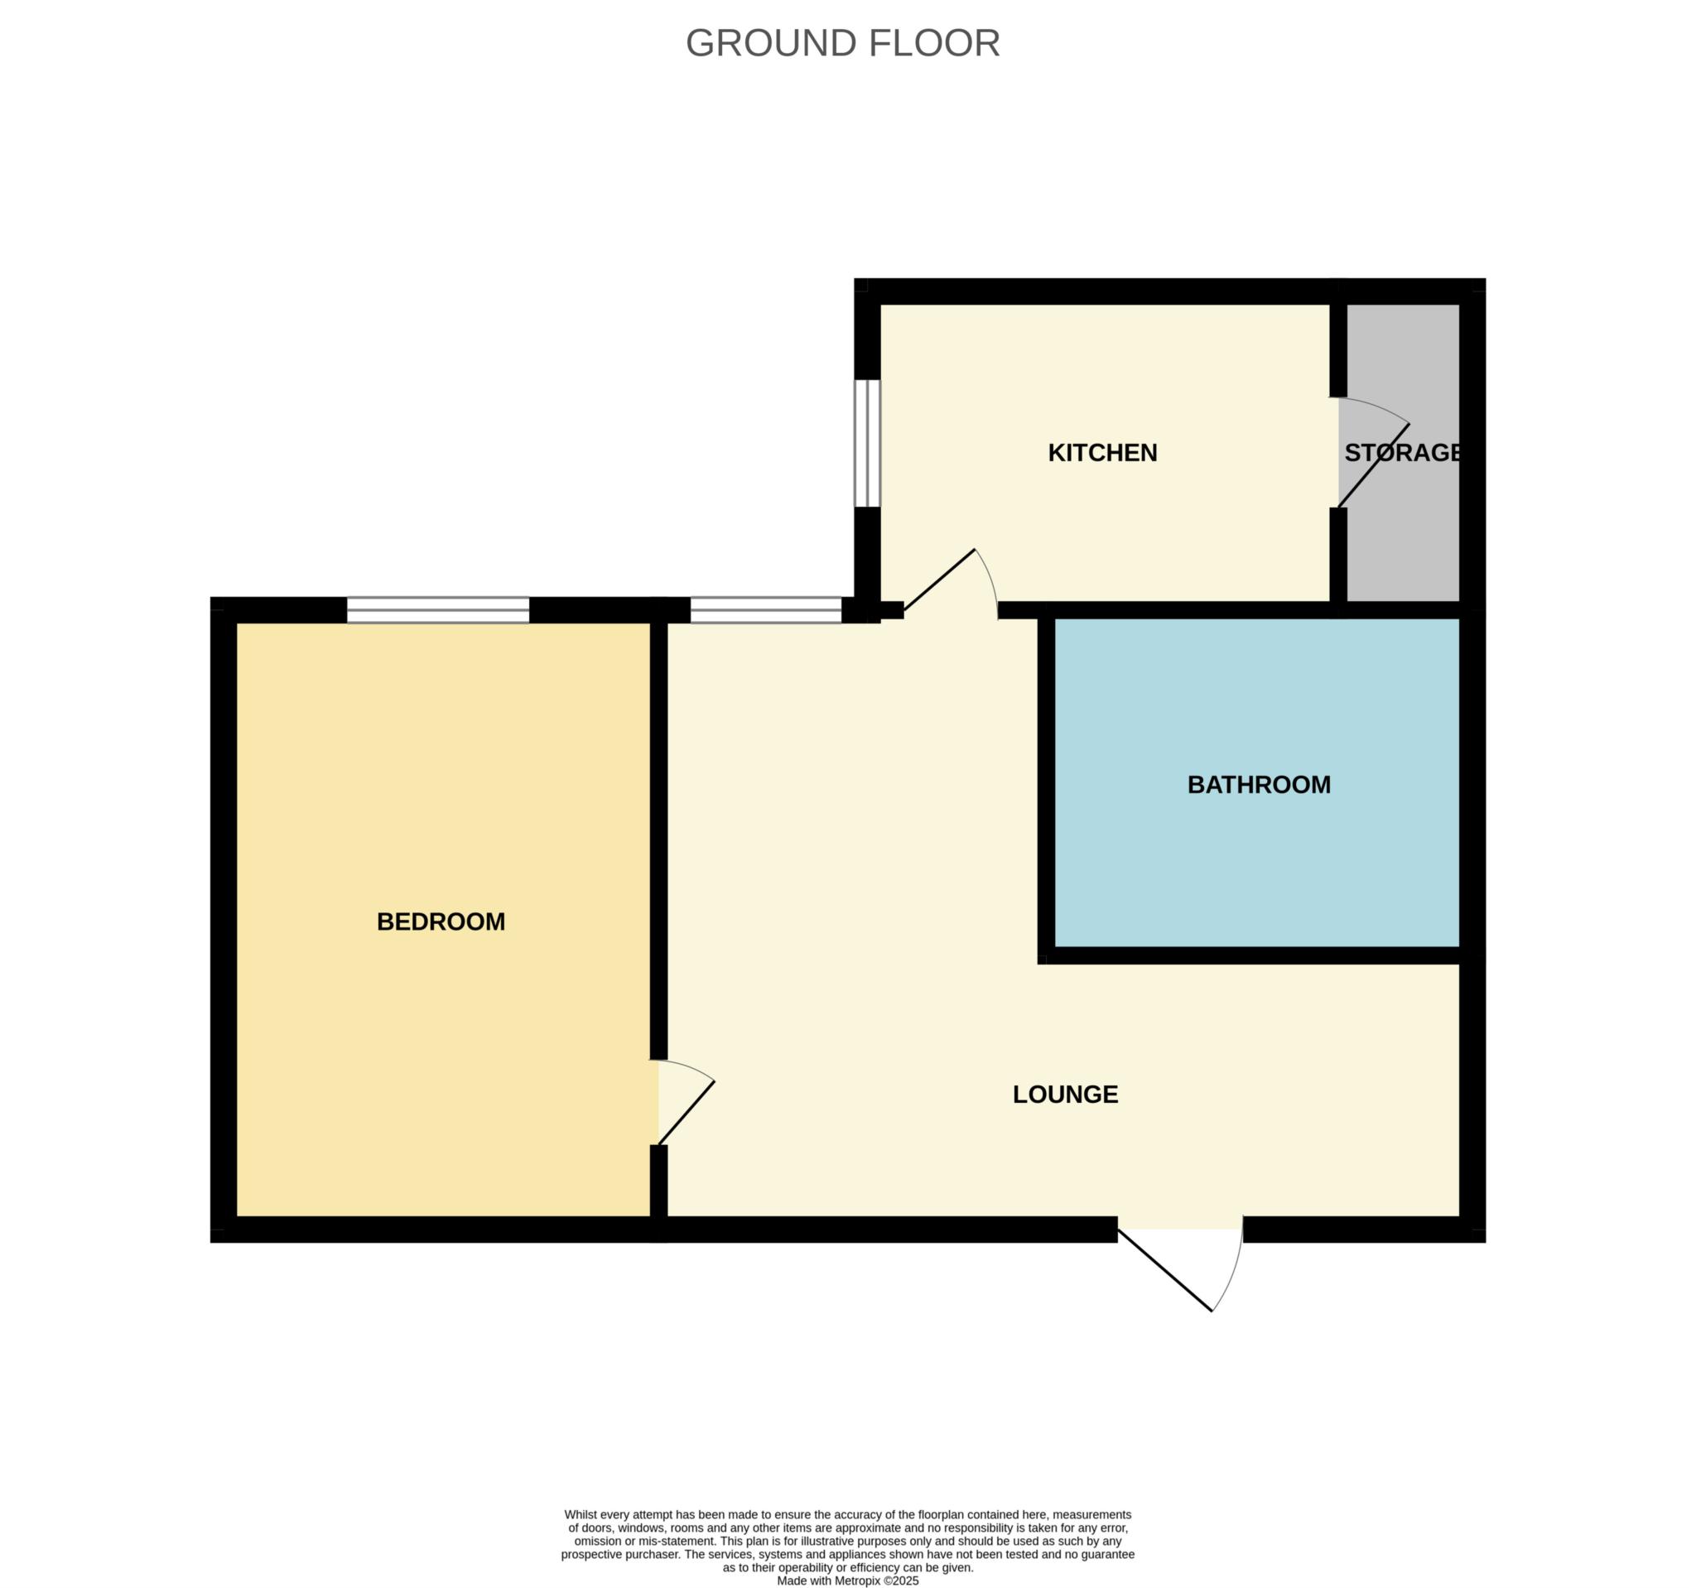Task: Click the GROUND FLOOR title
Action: click(x=842, y=44)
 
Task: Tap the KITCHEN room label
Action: click(x=1102, y=453)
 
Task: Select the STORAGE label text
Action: click(x=1402, y=453)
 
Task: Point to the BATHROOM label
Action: click(x=1259, y=785)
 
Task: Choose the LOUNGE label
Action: click(x=1065, y=1095)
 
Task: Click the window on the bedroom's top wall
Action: click(x=437, y=610)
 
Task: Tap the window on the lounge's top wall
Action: click(x=765, y=610)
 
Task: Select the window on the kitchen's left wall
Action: click(x=867, y=444)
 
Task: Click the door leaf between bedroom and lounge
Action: click(x=686, y=1113)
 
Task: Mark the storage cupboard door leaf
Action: click(x=1374, y=465)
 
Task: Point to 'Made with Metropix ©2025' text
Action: click(x=847, y=1581)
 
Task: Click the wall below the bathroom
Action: click(x=1254, y=955)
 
